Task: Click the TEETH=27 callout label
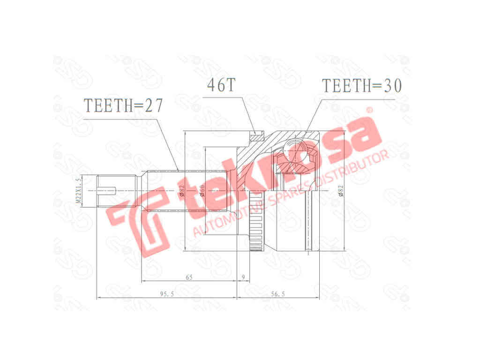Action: click(x=123, y=106)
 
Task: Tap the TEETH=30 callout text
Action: click(x=361, y=86)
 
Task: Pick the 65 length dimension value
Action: click(x=189, y=277)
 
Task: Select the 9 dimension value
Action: click(x=243, y=277)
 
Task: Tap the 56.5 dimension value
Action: click(x=278, y=294)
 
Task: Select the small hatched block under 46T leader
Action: click(x=255, y=137)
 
